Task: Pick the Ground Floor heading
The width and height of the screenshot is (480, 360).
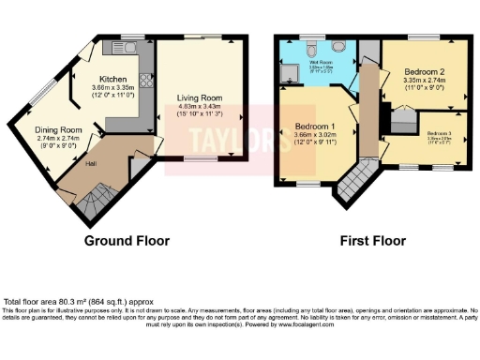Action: pyautogui.click(x=127, y=241)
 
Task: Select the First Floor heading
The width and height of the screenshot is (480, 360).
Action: pyautogui.click(x=367, y=241)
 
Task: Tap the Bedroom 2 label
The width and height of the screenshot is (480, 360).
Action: pyautogui.click(x=424, y=71)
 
